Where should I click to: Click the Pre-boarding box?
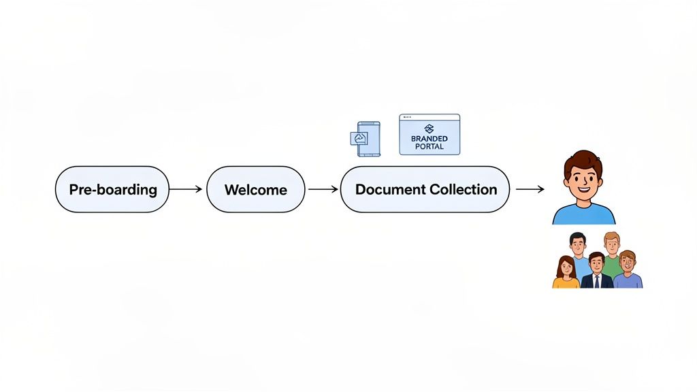(112, 189)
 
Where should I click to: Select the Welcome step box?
(255, 189)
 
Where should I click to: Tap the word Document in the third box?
(388, 189)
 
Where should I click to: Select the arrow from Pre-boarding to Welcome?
(185, 189)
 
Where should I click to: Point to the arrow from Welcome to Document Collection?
(323, 189)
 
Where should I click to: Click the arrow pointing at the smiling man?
(530, 189)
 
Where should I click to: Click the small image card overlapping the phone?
(359, 139)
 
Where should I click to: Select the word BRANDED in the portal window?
(429, 139)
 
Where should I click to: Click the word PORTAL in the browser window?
(429, 146)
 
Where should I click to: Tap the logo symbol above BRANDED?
(429, 129)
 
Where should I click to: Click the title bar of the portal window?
(429, 117)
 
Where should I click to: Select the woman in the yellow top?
(565, 274)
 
